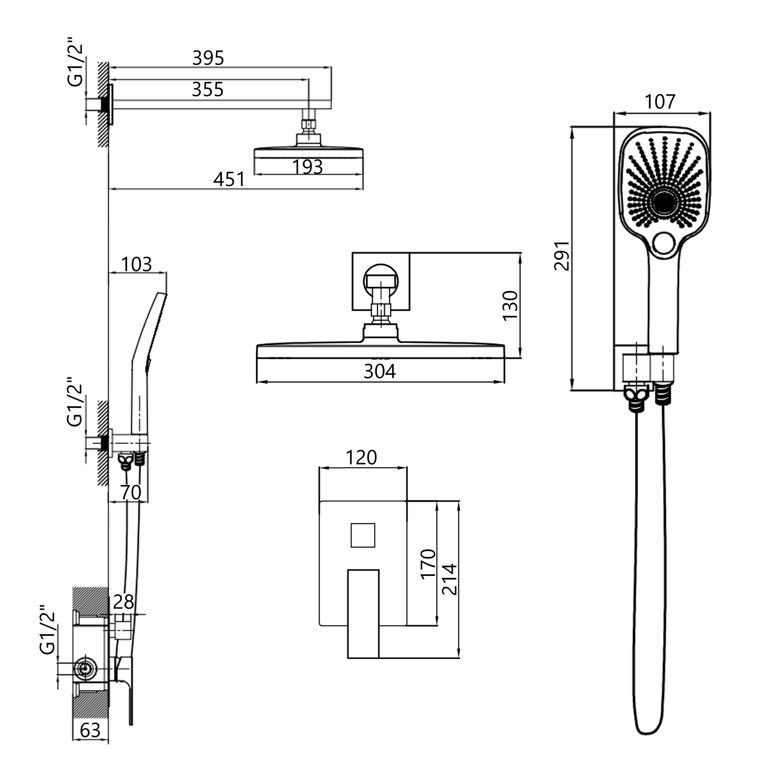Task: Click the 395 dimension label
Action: point(208,58)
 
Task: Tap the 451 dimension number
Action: point(229,179)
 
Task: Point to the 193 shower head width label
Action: point(308,167)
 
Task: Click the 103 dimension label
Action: point(136,264)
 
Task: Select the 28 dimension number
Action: point(123,602)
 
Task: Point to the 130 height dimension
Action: point(510,305)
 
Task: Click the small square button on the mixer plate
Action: point(363,535)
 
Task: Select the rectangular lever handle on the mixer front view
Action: point(363,614)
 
